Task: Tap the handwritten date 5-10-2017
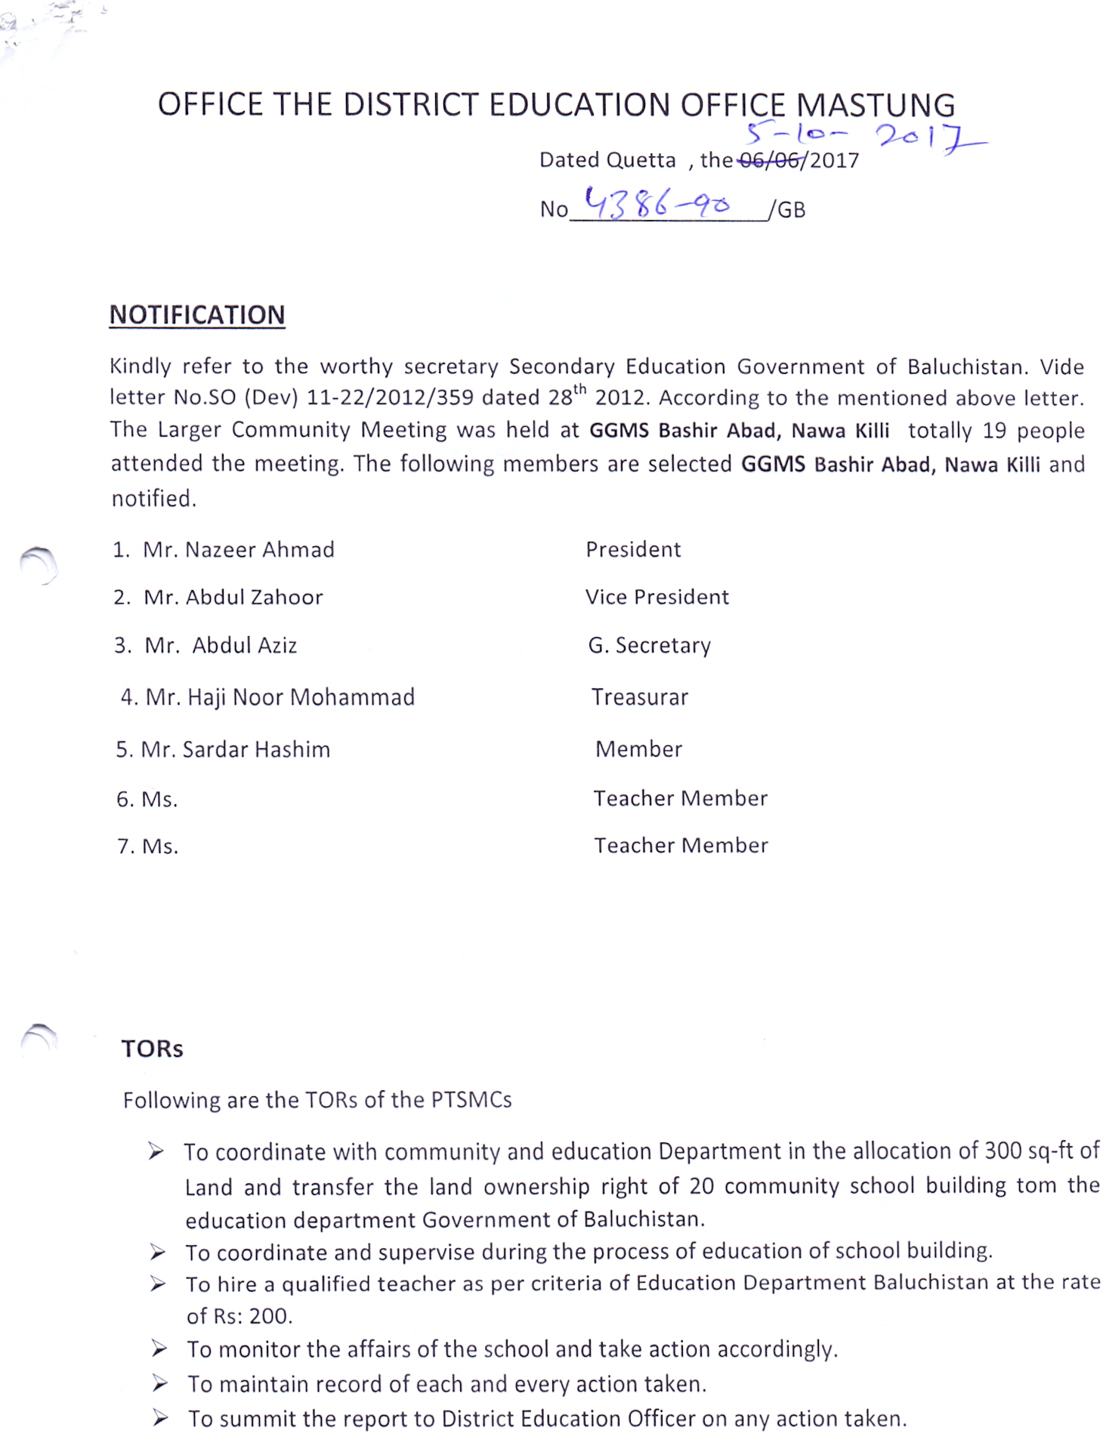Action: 861,136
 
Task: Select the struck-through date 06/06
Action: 770,160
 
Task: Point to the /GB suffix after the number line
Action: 787,210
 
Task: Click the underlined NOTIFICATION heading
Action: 197,314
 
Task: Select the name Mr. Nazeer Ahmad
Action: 239,549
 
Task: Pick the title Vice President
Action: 657,597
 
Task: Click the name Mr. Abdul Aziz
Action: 221,645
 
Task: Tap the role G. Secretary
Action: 649,645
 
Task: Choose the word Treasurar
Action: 639,697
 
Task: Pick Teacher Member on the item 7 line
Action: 681,845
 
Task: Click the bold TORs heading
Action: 152,1049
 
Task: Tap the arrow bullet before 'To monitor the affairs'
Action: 159,1349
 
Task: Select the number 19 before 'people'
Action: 994,431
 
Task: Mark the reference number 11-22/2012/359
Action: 391,397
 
